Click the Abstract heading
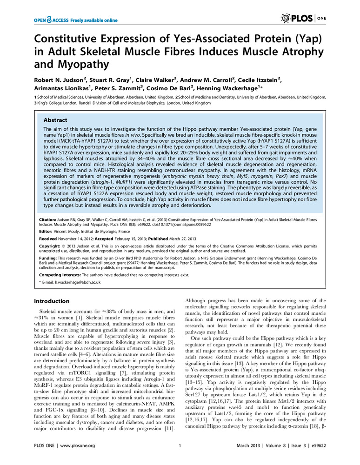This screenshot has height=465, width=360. [56, 120]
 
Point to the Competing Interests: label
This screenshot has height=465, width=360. [58, 275]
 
